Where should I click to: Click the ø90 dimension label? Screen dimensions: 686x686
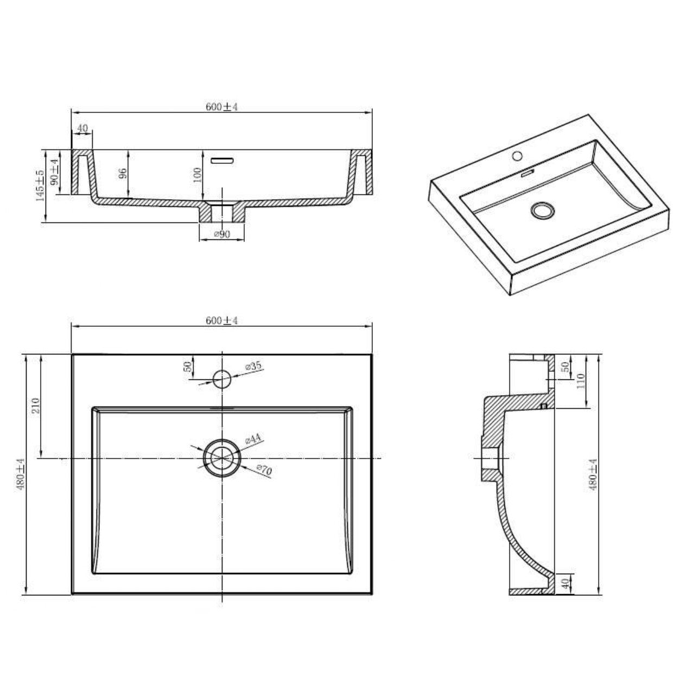(x=222, y=234)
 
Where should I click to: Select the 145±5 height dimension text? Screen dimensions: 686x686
(x=40, y=186)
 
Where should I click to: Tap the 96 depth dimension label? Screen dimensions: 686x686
(x=122, y=173)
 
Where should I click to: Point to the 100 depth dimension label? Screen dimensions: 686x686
(x=197, y=175)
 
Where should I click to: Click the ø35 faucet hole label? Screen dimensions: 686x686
(x=253, y=366)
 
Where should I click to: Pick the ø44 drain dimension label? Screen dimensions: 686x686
(x=253, y=439)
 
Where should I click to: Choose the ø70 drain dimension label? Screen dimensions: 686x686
(x=264, y=470)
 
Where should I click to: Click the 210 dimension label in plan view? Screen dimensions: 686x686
(x=36, y=405)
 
